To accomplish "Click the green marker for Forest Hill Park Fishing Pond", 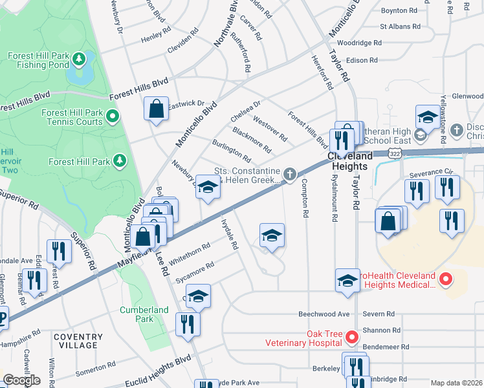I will point(79,60).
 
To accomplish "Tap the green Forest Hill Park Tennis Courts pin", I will point(113,117).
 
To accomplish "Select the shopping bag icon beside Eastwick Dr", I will point(157,109).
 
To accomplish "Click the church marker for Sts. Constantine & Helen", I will point(291,173).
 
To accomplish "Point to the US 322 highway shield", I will point(394,151).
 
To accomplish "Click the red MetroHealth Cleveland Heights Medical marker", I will point(445,280).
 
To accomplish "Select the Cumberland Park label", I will point(144,314).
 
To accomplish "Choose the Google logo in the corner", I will point(21,380).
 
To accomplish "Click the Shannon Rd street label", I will point(382,330).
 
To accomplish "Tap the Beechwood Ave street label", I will point(324,314).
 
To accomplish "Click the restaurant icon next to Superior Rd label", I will point(59,252).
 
